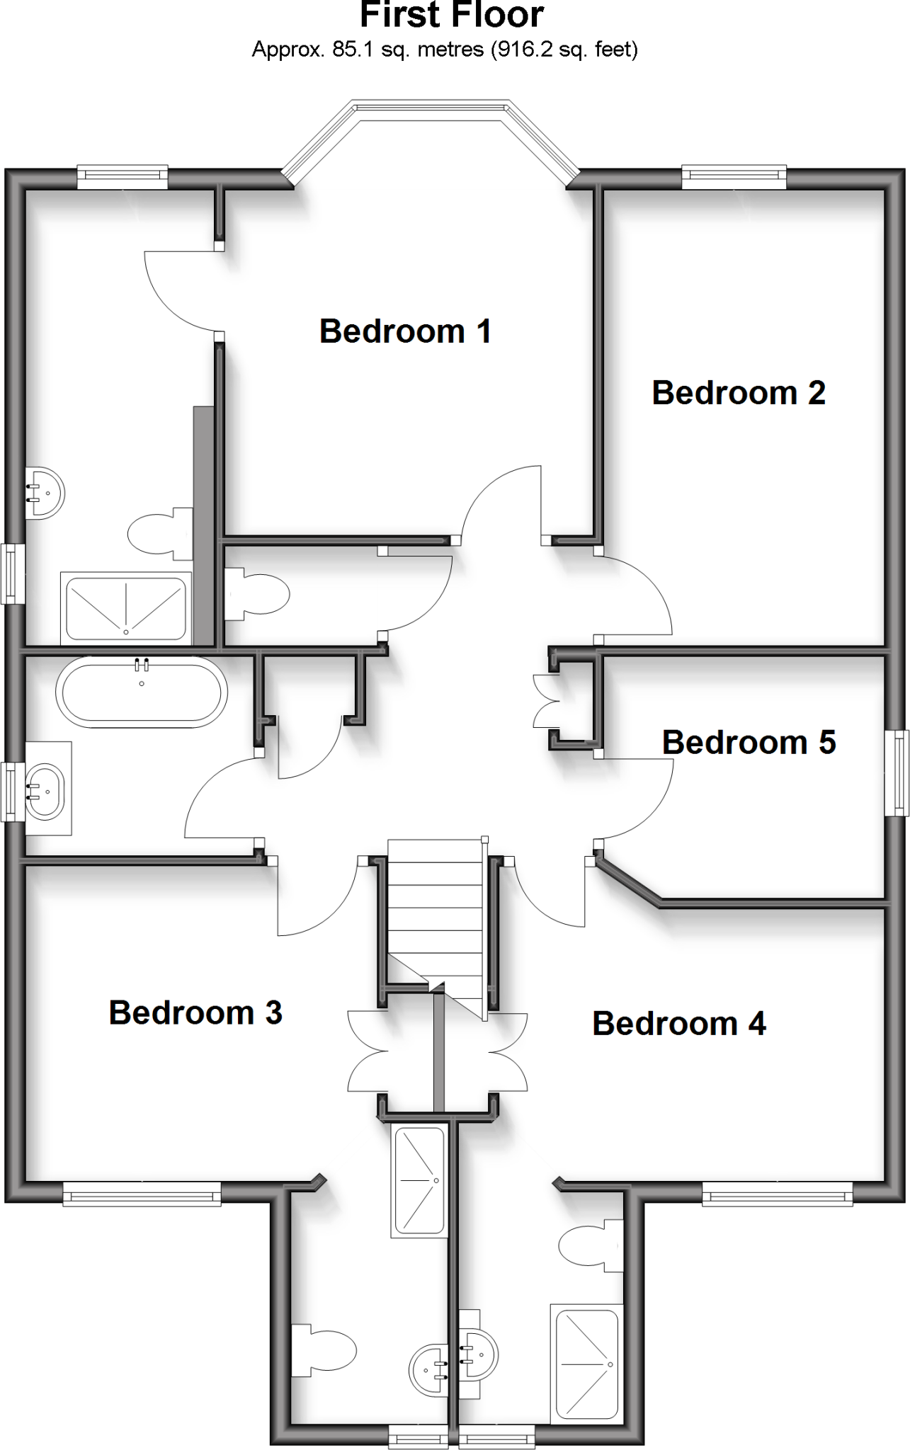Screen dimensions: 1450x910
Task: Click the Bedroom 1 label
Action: pos(405,331)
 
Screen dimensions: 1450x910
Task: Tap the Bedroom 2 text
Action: pos(738,393)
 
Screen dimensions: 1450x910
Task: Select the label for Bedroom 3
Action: pos(195,1013)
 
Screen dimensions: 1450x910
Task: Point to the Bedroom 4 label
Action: pos(678,1024)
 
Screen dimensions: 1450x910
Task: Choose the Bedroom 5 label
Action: pos(749,743)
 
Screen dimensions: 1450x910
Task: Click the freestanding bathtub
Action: pos(142,692)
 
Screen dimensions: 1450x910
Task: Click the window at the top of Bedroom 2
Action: pos(734,177)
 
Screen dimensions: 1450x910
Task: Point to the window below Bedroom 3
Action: pos(142,1196)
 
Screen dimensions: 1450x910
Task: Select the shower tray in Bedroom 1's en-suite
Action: pos(126,608)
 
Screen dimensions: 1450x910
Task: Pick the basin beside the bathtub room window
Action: pos(45,789)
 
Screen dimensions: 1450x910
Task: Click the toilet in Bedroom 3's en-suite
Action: pos(324,1351)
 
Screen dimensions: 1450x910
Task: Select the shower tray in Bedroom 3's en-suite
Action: pos(419,1181)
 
